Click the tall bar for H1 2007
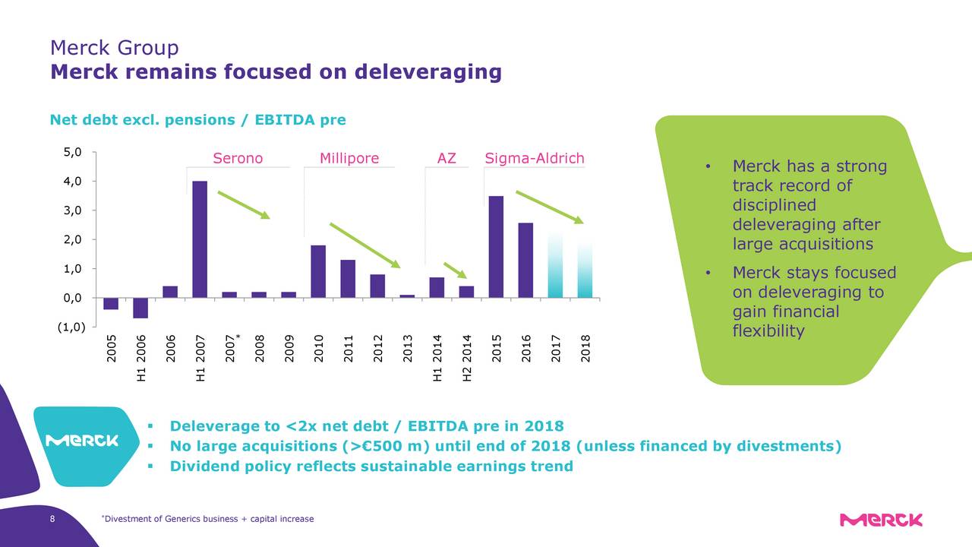pyautogui.click(x=200, y=239)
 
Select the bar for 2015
pyautogui.click(x=496, y=247)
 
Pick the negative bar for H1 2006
pyautogui.click(x=140, y=308)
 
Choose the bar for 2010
pyautogui.click(x=318, y=271)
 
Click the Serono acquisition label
pyautogui.click(x=238, y=159)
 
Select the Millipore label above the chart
pyautogui.click(x=349, y=159)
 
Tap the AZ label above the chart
pyautogui.click(x=447, y=159)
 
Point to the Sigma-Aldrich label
pyautogui.click(x=534, y=159)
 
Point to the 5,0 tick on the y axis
pyautogui.click(x=74, y=153)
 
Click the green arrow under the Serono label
pyautogui.click(x=244, y=204)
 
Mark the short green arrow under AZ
pyautogui.click(x=455, y=270)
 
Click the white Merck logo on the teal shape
pyautogui.click(x=83, y=441)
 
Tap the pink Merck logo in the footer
pyautogui.click(x=881, y=520)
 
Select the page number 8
pyautogui.click(x=51, y=520)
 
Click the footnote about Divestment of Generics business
pyautogui.click(x=207, y=520)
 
